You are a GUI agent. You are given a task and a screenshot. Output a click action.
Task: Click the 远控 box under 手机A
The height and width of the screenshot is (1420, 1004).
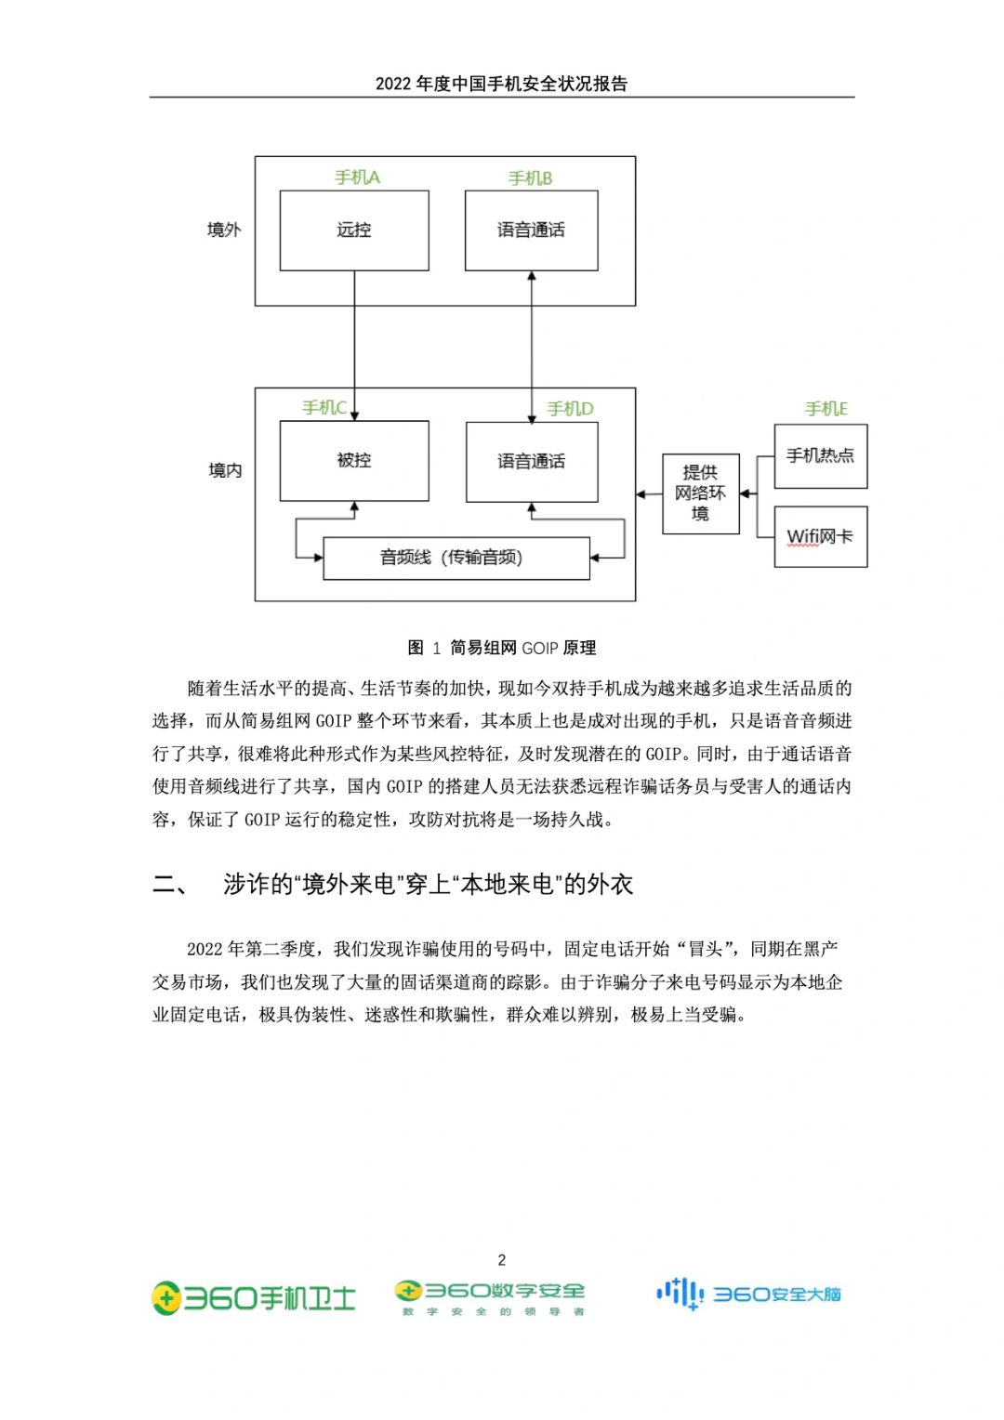(x=354, y=230)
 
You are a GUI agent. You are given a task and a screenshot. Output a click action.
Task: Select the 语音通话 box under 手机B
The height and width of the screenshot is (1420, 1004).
(x=532, y=230)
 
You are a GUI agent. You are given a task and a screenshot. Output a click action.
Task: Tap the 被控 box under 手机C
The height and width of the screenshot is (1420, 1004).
(x=354, y=461)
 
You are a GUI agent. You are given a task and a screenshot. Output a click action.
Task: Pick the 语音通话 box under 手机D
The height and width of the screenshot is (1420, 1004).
(x=532, y=462)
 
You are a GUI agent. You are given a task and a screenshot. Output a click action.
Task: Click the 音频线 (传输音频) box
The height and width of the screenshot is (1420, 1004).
(x=456, y=559)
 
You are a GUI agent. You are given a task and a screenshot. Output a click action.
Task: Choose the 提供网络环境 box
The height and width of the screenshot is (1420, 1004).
(x=700, y=493)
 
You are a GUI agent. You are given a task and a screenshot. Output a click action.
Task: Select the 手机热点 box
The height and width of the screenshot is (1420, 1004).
(x=820, y=456)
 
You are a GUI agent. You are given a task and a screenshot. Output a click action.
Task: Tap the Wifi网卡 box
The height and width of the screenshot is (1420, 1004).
(x=820, y=537)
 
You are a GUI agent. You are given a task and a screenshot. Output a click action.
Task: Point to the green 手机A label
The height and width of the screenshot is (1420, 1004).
(x=357, y=177)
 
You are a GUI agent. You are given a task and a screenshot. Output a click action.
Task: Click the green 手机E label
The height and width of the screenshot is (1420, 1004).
(x=826, y=409)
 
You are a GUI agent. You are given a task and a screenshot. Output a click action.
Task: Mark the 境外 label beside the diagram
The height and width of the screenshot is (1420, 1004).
(x=224, y=230)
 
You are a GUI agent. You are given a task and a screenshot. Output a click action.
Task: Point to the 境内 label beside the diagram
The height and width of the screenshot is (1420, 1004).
(x=225, y=470)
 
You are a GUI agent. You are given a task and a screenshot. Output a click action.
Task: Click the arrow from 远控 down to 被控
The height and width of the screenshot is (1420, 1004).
(x=354, y=346)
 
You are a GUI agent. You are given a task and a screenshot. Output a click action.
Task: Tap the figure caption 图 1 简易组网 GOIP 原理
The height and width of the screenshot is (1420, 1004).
(x=501, y=648)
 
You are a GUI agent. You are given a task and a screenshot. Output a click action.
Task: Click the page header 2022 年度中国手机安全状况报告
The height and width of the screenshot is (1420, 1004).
(x=501, y=84)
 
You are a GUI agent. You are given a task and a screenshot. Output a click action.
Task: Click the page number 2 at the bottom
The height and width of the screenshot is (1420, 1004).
(x=502, y=1260)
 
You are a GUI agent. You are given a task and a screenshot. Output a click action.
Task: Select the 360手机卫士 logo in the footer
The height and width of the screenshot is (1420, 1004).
(x=253, y=1297)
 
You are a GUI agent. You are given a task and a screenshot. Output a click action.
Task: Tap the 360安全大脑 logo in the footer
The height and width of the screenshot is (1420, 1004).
(x=748, y=1294)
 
